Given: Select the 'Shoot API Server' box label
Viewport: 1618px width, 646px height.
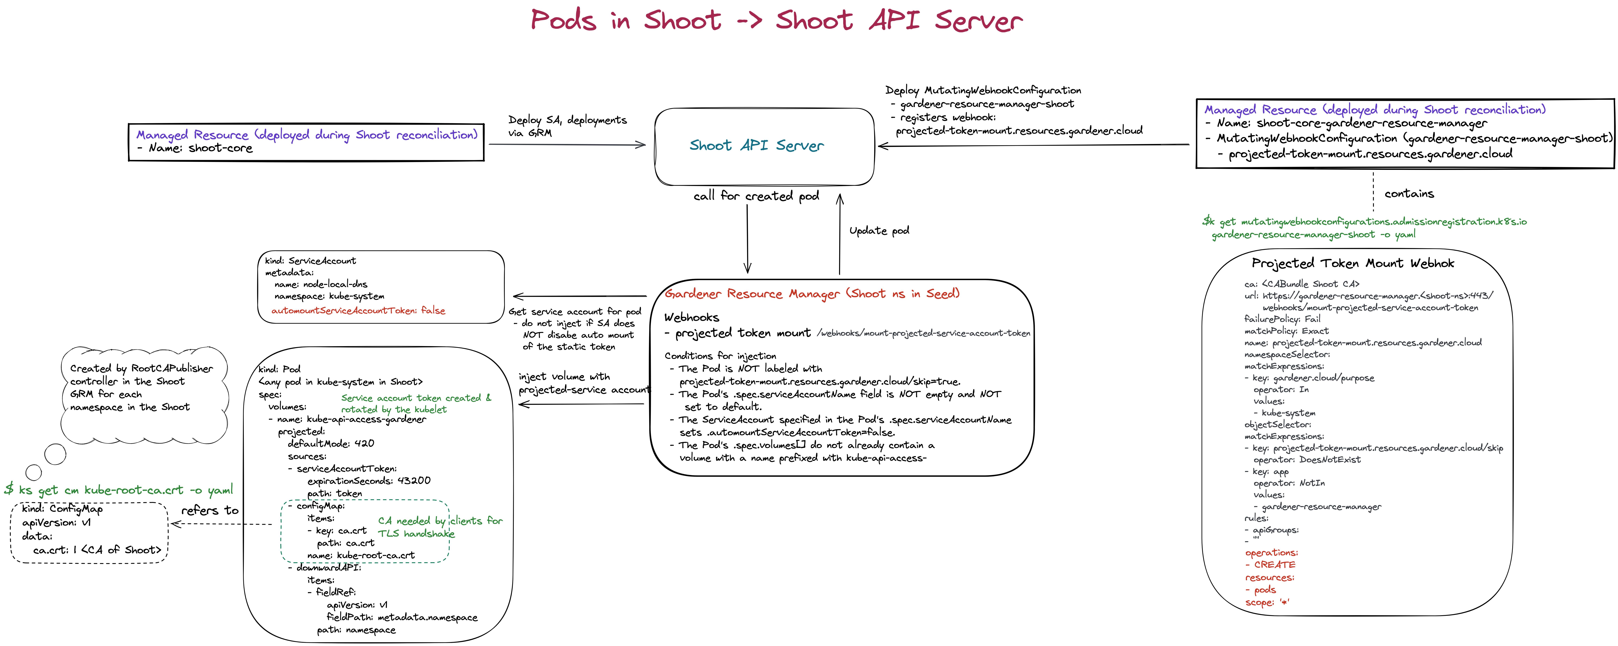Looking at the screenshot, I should tap(756, 146).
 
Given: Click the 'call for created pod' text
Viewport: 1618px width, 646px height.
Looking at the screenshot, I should tap(756, 196).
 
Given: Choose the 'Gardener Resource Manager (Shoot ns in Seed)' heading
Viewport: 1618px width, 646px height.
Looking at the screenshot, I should tap(811, 294).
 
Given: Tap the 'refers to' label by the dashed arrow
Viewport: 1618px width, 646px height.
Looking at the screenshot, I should tap(210, 510).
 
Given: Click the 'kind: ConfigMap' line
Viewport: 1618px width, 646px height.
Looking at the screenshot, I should tap(62, 509).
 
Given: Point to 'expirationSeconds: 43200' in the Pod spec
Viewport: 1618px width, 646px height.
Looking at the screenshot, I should tap(369, 481).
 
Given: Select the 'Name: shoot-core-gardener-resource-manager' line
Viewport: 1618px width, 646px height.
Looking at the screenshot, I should tap(1350, 124).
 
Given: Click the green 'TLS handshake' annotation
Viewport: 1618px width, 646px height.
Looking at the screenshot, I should tap(416, 534).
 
